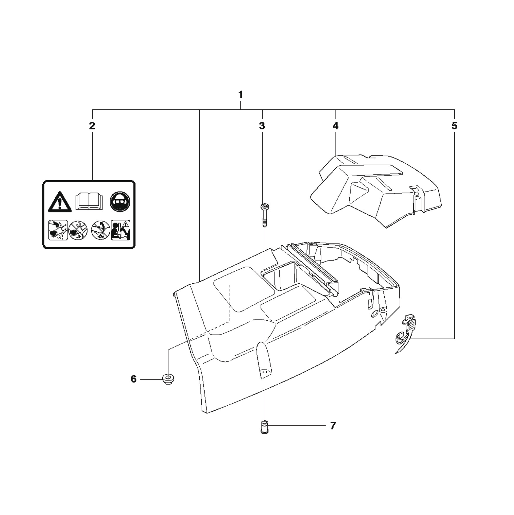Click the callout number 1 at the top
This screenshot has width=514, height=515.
[x=241, y=95]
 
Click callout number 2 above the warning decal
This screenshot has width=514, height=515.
[x=92, y=126]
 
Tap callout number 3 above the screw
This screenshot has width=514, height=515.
[x=262, y=126]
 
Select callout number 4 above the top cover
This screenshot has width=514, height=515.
[x=336, y=126]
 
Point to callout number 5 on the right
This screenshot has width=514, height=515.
[x=454, y=126]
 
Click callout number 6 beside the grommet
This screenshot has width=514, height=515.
[x=133, y=379]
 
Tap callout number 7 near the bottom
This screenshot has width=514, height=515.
[x=333, y=426]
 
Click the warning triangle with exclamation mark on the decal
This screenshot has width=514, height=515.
[x=60, y=202]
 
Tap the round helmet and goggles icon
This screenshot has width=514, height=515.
[x=120, y=202]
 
